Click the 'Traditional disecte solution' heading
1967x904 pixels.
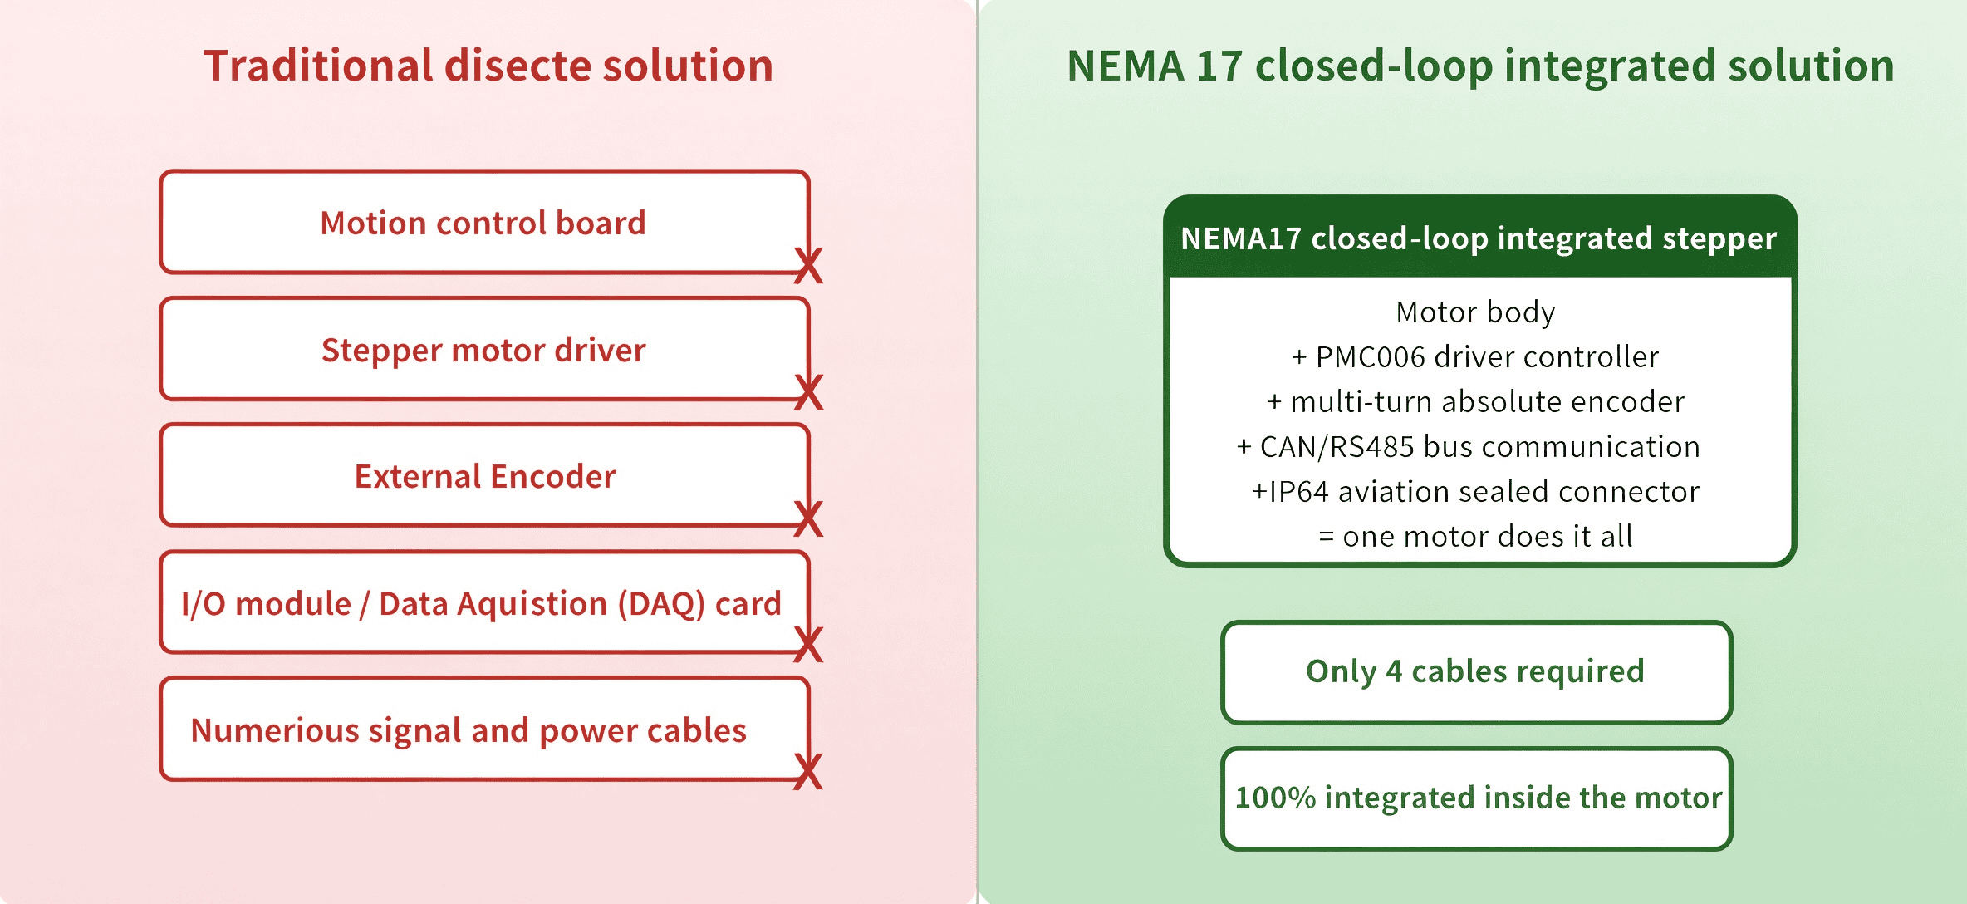coord(488,66)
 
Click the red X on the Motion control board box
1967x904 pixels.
coord(808,266)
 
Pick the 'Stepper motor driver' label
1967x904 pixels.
coord(483,351)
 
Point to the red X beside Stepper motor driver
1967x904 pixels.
coord(808,392)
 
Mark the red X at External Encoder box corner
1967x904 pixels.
coord(808,519)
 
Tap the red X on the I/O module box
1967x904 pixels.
coord(808,645)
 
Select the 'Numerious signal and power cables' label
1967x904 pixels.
coord(468,731)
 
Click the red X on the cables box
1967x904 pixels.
coord(808,771)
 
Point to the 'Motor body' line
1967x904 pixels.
coord(1475,312)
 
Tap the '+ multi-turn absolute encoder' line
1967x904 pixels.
coord(1475,402)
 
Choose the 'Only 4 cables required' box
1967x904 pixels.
coord(1476,672)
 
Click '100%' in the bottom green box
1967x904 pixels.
coord(1275,798)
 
